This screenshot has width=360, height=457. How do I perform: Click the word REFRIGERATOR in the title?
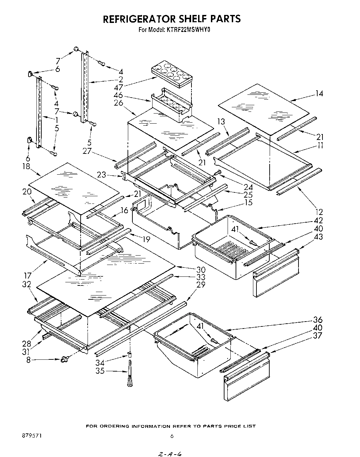click(136, 19)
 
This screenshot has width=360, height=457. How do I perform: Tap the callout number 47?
click(118, 87)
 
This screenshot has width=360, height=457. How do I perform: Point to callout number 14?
click(319, 93)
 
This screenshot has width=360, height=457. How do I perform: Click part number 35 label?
click(100, 371)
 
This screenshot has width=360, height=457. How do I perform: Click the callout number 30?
click(201, 269)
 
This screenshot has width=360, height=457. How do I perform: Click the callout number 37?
click(318, 335)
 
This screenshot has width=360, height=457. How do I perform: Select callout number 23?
click(101, 175)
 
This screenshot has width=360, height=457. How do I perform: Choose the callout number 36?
click(318, 320)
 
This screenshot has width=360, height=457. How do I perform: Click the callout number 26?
click(118, 103)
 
